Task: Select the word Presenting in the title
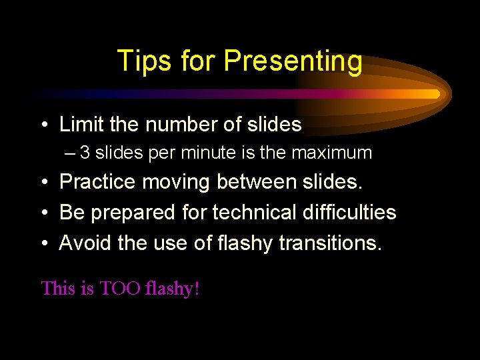pyautogui.click(x=293, y=61)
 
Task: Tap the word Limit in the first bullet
pyautogui.click(x=79, y=124)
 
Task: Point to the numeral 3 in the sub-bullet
pyautogui.click(x=85, y=153)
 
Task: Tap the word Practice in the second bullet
pyautogui.click(x=98, y=181)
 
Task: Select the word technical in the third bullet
pyautogui.click(x=254, y=213)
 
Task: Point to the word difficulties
pyautogui.click(x=349, y=213)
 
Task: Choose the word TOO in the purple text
pyautogui.click(x=119, y=289)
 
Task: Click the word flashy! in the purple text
pyautogui.click(x=173, y=289)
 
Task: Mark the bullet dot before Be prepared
pyautogui.click(x=44, y=213)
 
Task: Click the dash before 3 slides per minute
pyautogui.click(x=71, y=153)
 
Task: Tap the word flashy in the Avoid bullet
pyautogui.click(x=245, y=243)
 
